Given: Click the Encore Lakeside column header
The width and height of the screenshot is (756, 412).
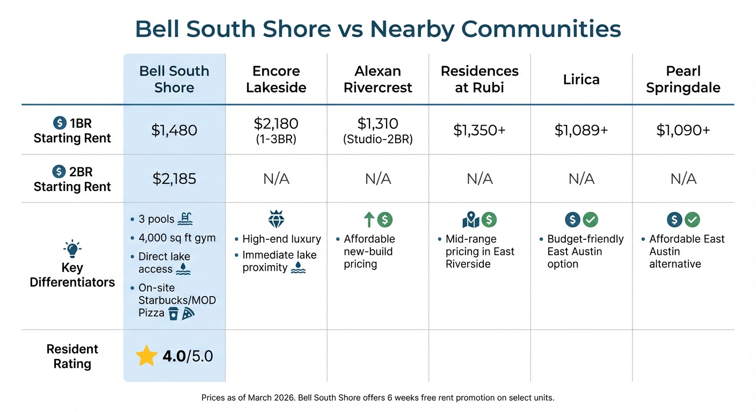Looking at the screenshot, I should [x=276, y=79].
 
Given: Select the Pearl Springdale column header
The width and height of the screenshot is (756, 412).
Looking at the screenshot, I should [x=683, y=79].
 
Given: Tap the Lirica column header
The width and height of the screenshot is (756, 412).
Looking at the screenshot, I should [x=581, y=79].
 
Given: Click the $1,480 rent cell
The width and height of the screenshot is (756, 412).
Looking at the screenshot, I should [x=175, y=130].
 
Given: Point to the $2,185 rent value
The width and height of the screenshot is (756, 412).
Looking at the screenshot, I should [x=175, y=179].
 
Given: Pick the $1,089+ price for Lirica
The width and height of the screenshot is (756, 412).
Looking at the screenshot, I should [x=581, y=130].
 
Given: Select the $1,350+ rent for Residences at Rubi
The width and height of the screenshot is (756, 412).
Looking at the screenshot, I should [x=479, y=130].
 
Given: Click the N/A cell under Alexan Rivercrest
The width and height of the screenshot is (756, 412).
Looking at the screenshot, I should [x=378, y=179].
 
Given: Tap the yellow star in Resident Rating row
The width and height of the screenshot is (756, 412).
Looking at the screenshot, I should [x=146, y=356].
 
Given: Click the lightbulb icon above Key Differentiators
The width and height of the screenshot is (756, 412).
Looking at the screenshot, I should [x=72, y=249].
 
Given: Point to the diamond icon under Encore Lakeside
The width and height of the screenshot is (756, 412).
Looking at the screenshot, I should [x=276, y=219].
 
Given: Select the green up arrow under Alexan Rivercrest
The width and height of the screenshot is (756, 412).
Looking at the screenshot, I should [x=368, y=219].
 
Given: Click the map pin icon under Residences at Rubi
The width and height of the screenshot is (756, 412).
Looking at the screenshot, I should [x=470, y=219].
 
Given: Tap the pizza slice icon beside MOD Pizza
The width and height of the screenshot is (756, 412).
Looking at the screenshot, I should [x=188, y=314].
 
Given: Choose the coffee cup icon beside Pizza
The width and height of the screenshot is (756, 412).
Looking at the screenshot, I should [x=173, y=314].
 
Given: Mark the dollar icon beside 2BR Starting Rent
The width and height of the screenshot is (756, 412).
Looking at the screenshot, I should [x=59, y=172].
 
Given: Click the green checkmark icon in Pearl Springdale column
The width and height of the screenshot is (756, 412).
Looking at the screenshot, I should [x=692, y=219].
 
